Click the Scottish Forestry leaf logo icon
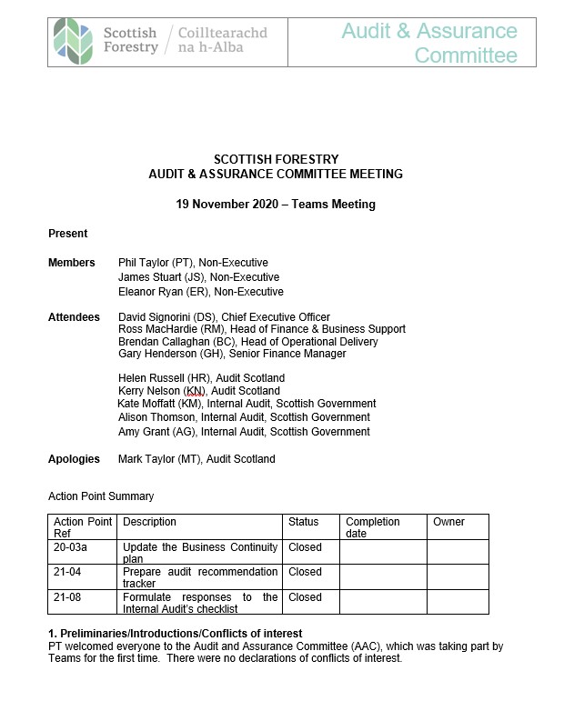pyautogui.click(x=72, y=39)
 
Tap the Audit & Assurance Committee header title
pyautogui.click(x=429, y=43)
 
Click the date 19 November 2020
pyautogui.click(x=234, y=205)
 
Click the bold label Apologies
pyautogui.click(x=74, y=459)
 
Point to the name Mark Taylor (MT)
pyautogui.click(x=159, y=459)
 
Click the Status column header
pyautogui.click(x=304, y=522)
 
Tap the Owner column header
pyautogui.click(x=448, y=522)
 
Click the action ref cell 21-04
pyautogui.click(x=69, y=572)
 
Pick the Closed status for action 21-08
pyautogui.click(x=305, y=597)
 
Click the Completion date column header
pyautogui.click(x=372, y=527)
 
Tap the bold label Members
pyautogui.click(x=71, y=263)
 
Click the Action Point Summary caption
pyautogui.click(x=100, y=496)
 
